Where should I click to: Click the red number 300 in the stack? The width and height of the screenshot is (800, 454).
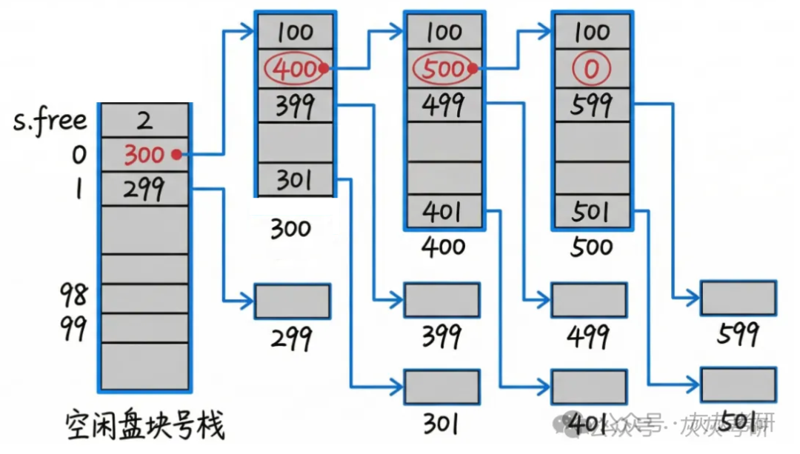click(x=144, y=156)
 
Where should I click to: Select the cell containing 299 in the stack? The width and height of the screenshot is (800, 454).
click(x=144, y=190)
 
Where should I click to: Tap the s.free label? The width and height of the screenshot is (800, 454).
click(x=49, y=121)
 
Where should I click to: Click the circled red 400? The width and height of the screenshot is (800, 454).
click(x=295, y=69)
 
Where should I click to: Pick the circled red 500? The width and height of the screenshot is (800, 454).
click(x=442, y=69)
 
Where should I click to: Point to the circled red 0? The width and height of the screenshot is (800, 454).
click(x=591, y=69)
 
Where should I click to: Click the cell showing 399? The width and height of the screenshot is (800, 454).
click(x=295, y=106)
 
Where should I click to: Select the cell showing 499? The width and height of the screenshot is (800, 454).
click(x=442, y=106)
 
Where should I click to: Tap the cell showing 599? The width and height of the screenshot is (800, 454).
click(x=591, y=106)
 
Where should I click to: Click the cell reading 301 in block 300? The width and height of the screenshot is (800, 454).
click(x=295, y=179)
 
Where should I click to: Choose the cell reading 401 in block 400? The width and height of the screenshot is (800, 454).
click(x=442, y=213)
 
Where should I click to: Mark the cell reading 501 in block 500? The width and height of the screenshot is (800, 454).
click(x=591, y=213)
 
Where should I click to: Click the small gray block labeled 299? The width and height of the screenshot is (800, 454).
click(x=293, y=301)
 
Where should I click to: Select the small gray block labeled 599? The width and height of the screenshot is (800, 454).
click(x=738, y=298)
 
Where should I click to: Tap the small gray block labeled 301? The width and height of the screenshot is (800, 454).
click(x=441, y=386)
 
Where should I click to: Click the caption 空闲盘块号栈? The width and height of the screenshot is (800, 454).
click(x=145, y=426)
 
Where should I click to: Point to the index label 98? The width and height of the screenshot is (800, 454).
click(x=73, y=296)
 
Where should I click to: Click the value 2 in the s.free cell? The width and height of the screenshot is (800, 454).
click(x=144, y=121)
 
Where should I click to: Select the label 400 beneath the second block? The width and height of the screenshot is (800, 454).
click(x=442, y=247)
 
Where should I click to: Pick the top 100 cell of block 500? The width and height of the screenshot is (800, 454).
click(x=591, y=32)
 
